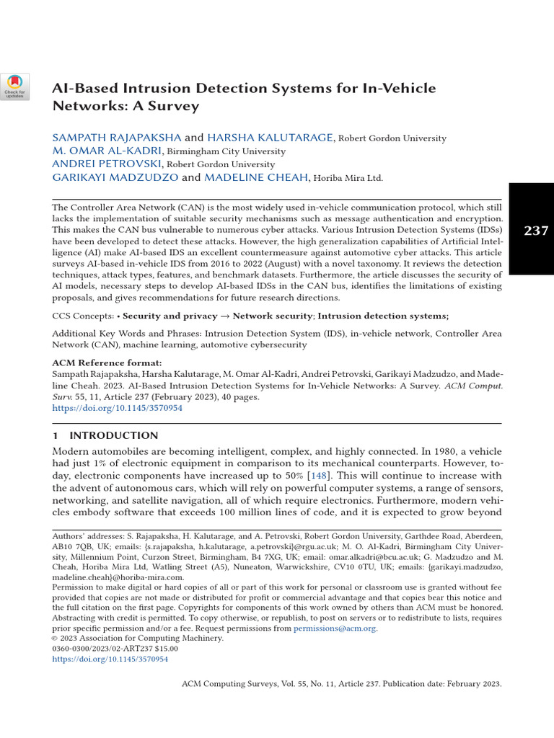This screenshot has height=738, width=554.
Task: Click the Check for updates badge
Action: (15, 86)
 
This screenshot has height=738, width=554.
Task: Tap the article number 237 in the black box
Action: (535, 231)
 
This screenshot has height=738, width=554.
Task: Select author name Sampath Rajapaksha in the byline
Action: (117, 138)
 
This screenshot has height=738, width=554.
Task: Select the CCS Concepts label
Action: (82, 316)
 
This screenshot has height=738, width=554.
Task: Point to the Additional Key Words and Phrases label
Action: (127, 334)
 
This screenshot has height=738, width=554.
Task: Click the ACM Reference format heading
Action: (107, 363)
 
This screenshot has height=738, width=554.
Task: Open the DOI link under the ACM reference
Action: (118, 408)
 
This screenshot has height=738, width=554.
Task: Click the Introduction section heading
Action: (113, 436)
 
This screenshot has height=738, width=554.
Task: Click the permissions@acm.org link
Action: (335, 628)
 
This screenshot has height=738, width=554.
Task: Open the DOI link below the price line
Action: (110, 659)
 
